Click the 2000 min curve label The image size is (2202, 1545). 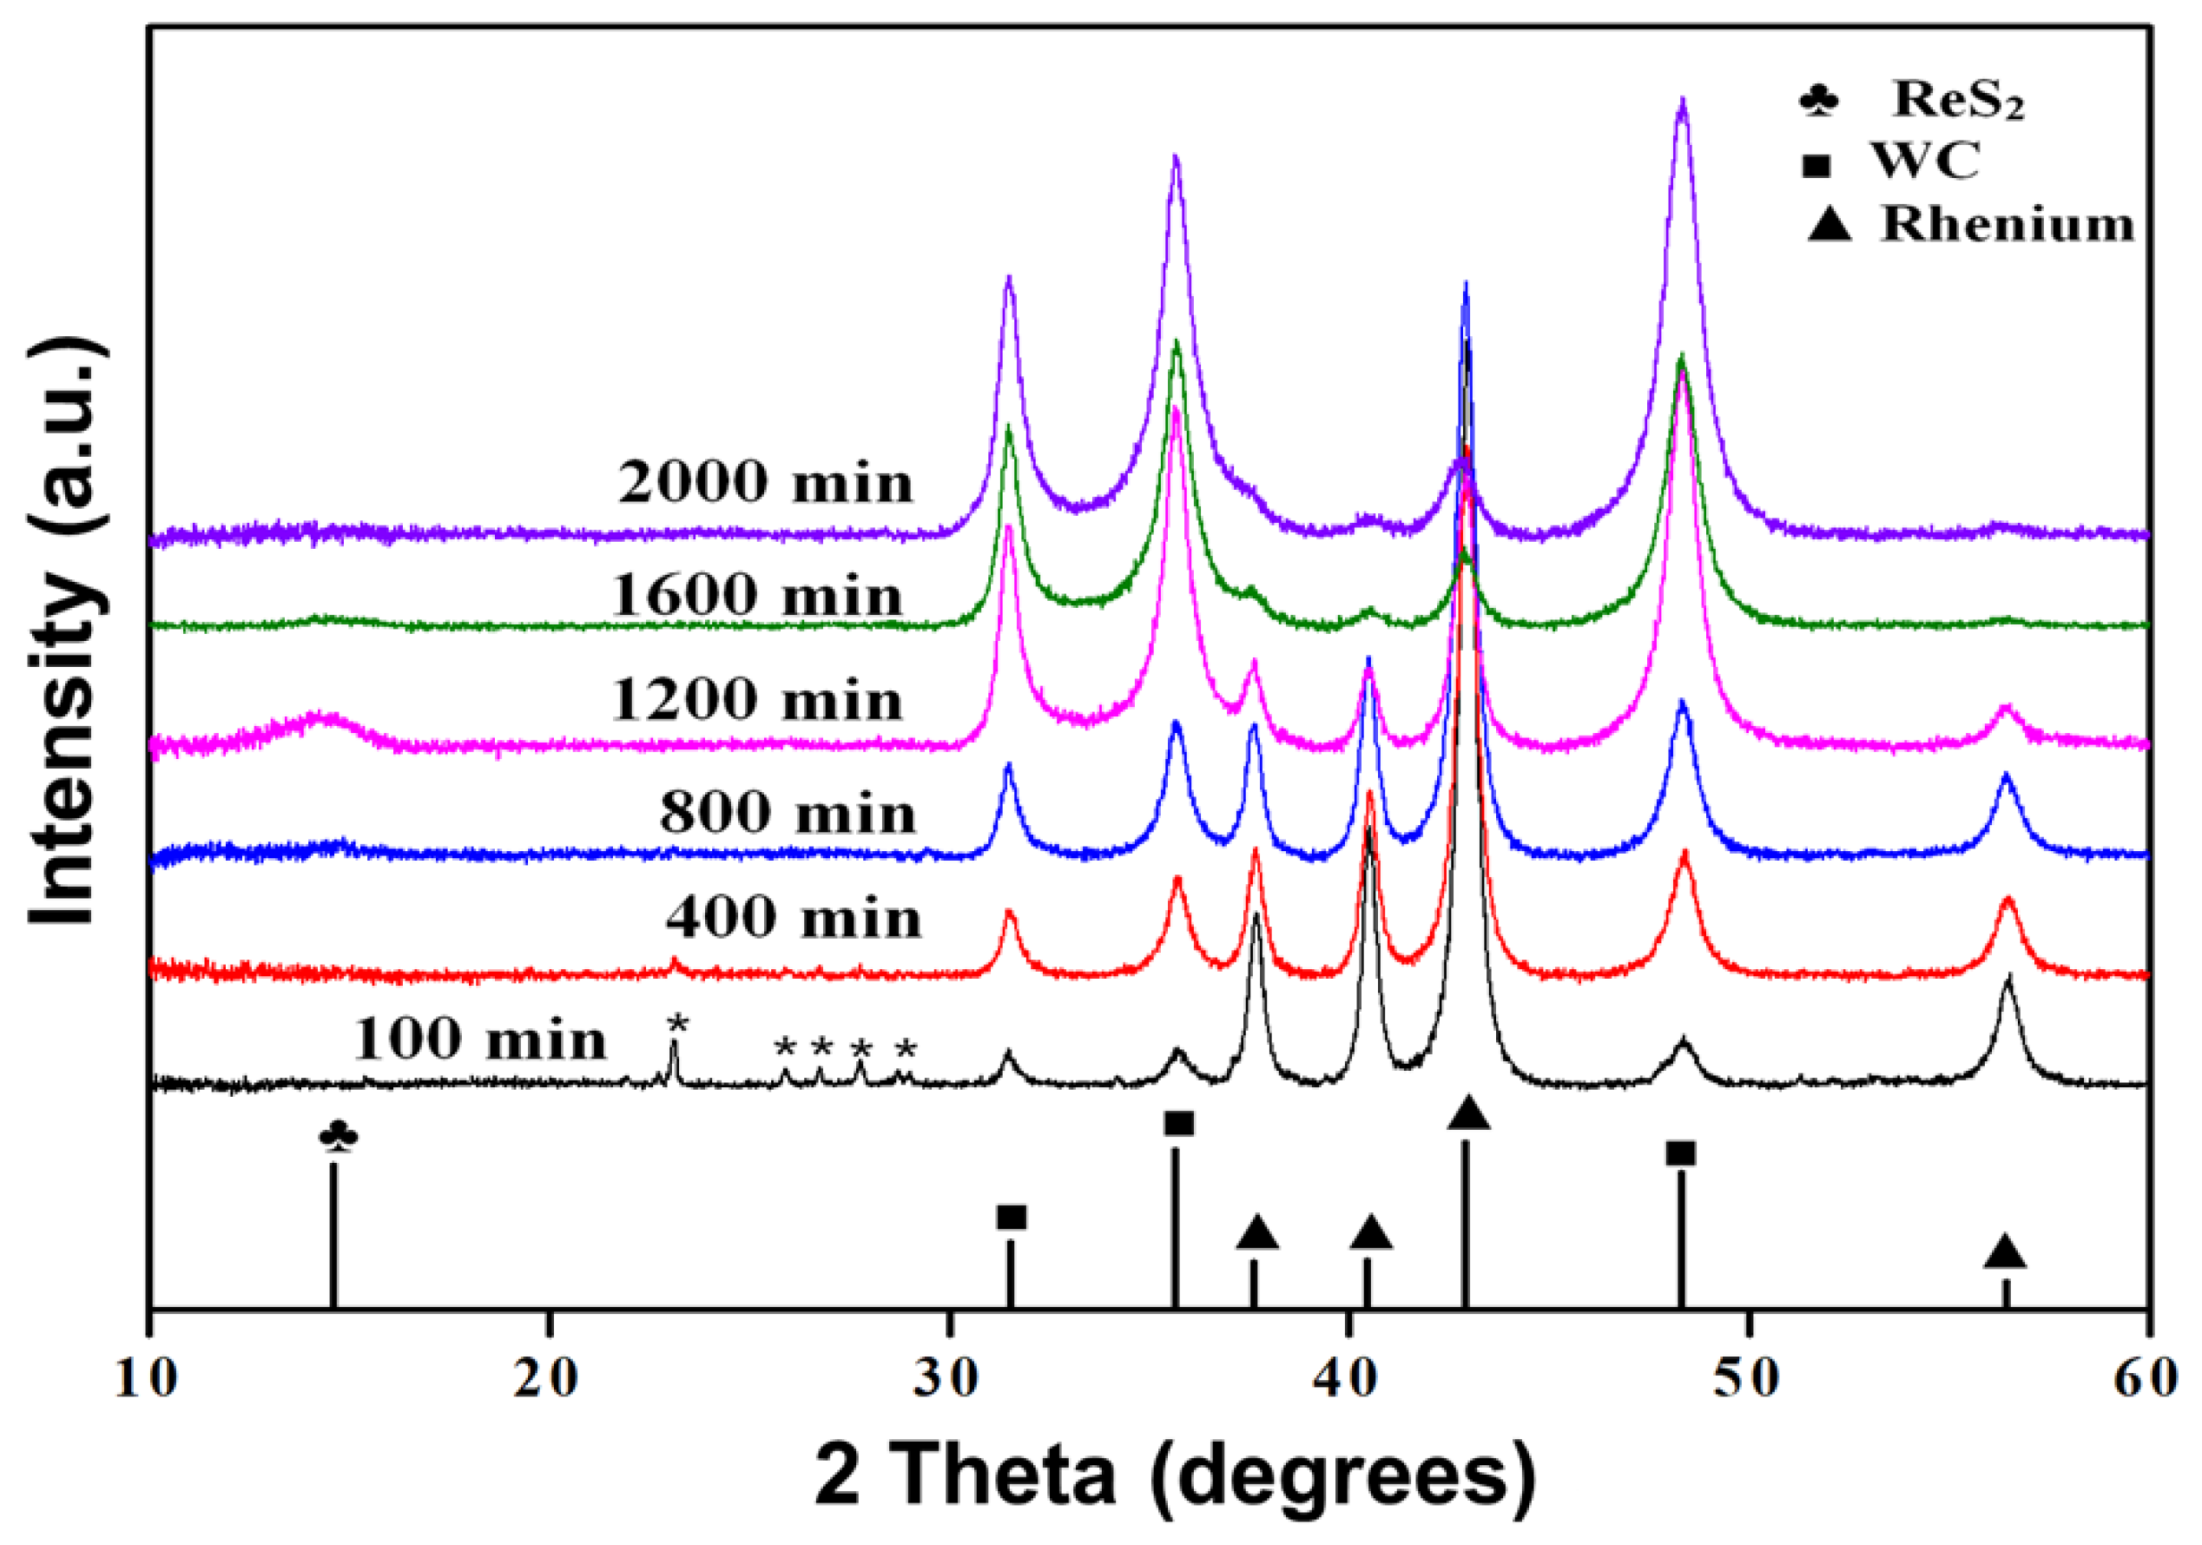764,482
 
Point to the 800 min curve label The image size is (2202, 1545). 788,815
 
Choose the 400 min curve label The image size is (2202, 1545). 793,919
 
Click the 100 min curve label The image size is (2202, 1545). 479,1040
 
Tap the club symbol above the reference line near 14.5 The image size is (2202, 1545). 339,1138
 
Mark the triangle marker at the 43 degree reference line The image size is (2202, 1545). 1468,1113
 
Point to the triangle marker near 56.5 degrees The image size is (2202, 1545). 2004,1251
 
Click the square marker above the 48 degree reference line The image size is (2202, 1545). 1680,1153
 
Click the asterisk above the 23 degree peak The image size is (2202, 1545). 677,1025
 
